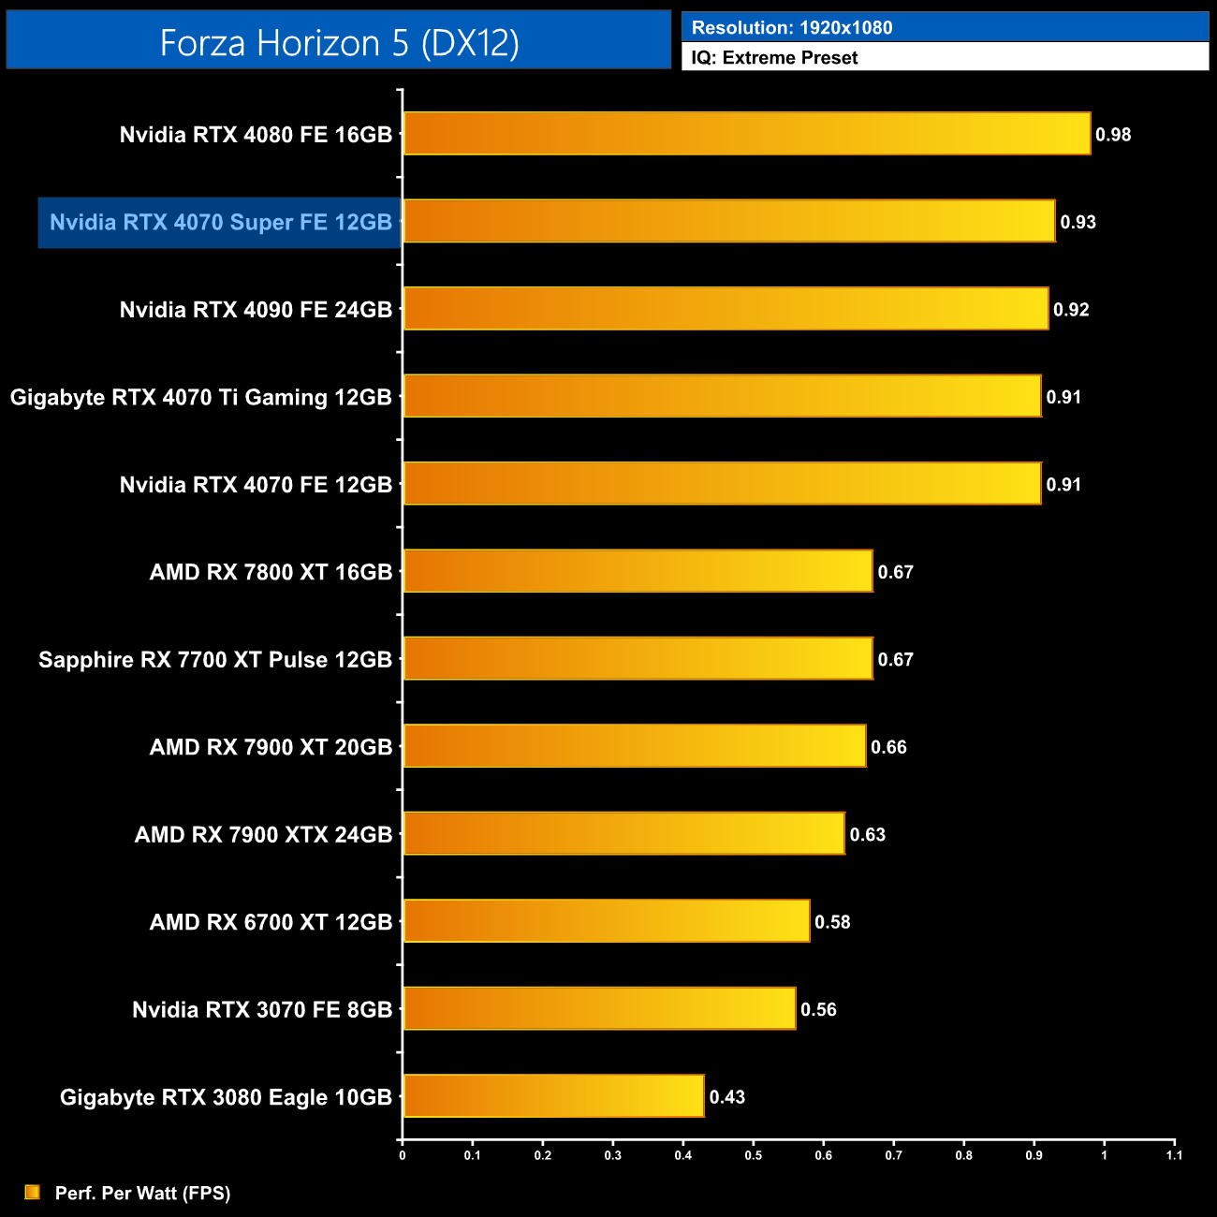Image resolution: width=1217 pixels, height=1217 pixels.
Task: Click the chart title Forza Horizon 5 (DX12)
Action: pos(339,42)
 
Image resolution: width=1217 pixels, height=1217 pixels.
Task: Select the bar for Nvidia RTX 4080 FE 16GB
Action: pos(746,134)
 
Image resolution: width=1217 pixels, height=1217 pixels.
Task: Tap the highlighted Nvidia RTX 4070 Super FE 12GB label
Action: pos(220,223)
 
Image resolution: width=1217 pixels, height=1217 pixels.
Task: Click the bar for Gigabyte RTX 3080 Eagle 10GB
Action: pos(553,1096)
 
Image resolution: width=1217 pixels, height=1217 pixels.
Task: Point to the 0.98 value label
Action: pos(1113,135)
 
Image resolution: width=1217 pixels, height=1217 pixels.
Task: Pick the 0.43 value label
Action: pos(727,1097)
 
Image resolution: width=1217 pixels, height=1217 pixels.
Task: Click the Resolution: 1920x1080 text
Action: pos(792,27)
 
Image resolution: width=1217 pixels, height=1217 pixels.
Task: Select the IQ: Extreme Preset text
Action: pos(774,58)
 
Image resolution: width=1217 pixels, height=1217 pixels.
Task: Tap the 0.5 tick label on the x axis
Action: pos(753,1155)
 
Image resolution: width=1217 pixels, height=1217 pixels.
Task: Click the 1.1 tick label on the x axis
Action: pos(1174,1155)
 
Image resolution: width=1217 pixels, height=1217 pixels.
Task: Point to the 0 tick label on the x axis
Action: pos(403,1155)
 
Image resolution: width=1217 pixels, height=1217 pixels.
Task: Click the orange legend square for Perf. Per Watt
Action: pos(33,1192)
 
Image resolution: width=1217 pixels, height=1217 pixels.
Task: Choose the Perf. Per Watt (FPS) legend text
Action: pos(142,1193)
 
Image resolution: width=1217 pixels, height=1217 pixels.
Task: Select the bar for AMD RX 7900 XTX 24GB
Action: pos(623,834)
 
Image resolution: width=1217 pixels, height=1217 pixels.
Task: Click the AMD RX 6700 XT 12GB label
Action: pos(271,922)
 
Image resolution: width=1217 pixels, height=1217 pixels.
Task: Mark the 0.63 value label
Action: pos(868,835)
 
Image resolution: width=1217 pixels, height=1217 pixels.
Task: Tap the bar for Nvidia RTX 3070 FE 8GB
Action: pos(599,1009)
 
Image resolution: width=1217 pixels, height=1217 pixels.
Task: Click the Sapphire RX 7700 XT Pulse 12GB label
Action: pos(215,660)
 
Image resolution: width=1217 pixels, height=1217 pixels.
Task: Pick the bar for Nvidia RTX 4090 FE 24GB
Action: pos(726,309)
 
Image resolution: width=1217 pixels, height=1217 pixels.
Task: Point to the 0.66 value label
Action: pos(888,747)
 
